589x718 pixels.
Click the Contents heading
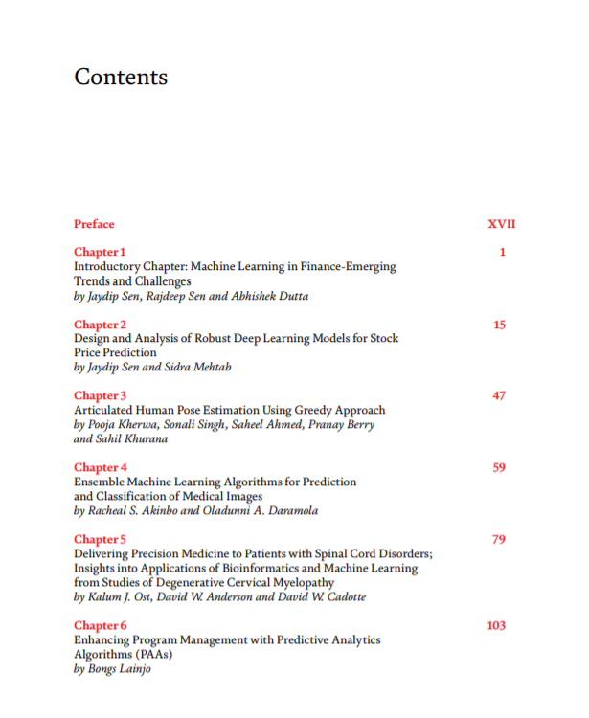pyautogui.click(x=121, y=78)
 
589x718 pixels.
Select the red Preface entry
pyautogui.click(x=94, y=224)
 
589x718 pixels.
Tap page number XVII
pyautogui.click(x=502, y=224)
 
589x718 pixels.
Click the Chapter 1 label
pyautogui.click(x=100, y=252)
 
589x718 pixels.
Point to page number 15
pyautogui.click(x=499, y=325)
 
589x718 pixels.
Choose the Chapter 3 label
pyautogui.click(x=101, y=395)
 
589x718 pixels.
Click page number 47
pyautogui.click(x=499, y=395)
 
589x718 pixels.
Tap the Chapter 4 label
pyautogui.click(x=101, y=467)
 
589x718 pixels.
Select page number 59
pyautogui.click(x=499, y=467)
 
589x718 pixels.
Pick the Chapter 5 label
pyautogui.click(x=101, y=539)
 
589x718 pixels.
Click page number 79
pyautogui.click(x=499, y=539)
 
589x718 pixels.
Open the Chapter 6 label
pyautogui.click(x=101, y=626)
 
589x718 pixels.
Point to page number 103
pyautogui.click(x=496, y=626)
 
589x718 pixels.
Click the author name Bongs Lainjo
pyautogui.click(x=120, y=669)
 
